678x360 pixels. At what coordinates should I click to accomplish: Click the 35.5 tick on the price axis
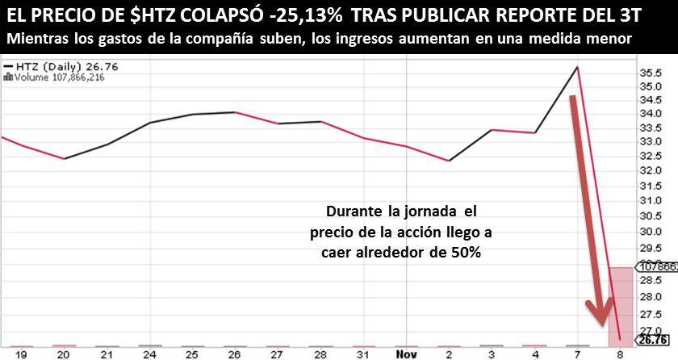pyautogui.click(x=650, y=73)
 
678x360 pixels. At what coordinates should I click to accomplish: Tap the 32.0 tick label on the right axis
pyautogui.click(x=650, y=172)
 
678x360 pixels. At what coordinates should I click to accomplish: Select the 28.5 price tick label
pyautogui.click(x=650, y=279)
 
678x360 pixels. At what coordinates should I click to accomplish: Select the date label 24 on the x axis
pyautogui.click(x=149, y=353)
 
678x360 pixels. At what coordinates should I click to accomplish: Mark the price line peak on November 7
pyautogui.click(x=576, y=67)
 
